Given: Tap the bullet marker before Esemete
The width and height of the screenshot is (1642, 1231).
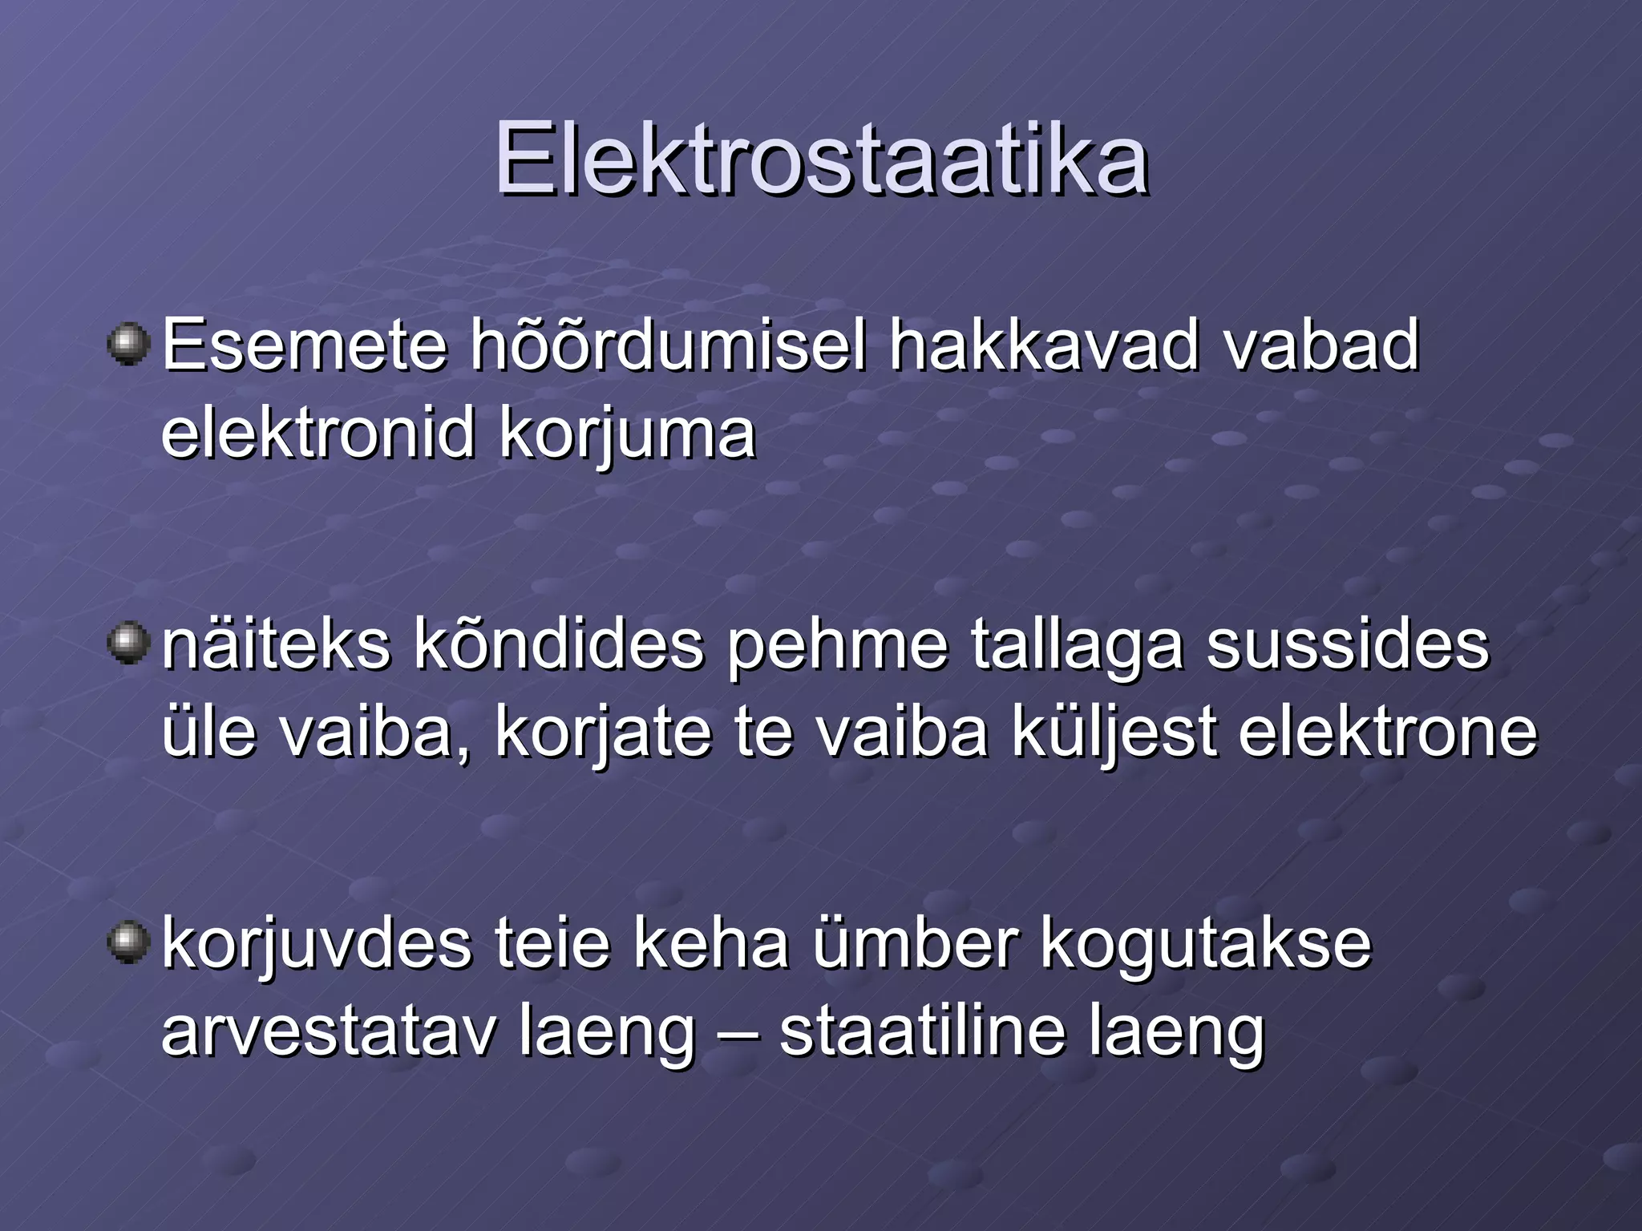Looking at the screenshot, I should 127,345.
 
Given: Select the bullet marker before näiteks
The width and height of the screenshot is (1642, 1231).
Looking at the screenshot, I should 127,644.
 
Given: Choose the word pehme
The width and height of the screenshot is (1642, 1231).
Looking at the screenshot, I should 837,648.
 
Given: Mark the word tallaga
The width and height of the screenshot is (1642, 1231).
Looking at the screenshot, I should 1077,648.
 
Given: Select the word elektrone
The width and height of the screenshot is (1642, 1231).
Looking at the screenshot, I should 1388,733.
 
